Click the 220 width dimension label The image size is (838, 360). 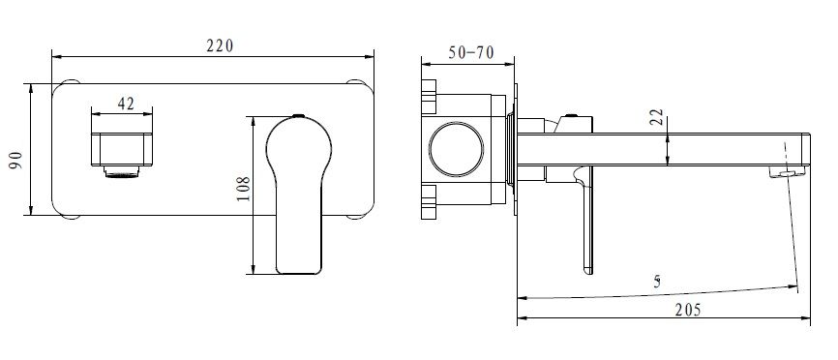pos(221,45)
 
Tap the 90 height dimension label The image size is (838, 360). pos(16,160)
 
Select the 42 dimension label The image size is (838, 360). pos(126,104)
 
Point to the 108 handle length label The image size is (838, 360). pos(242,189)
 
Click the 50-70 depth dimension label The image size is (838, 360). pos(471,53)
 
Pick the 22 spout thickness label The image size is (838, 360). pos(658,117)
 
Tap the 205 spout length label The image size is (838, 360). pos(687,310)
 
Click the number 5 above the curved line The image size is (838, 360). pos(657,282)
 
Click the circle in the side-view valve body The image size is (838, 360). pos(457,149)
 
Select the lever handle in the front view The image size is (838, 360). pos(298,195)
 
